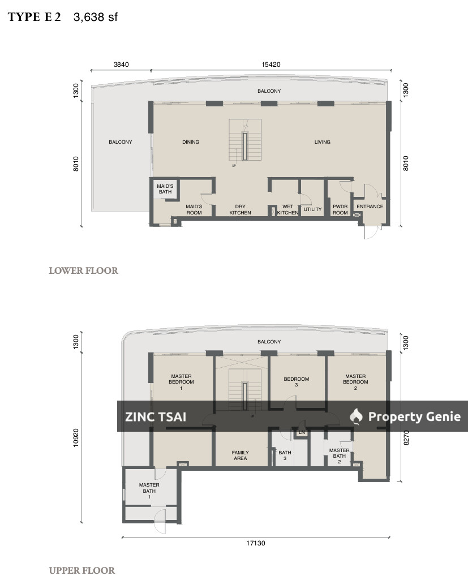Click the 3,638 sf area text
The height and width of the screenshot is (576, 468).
95,17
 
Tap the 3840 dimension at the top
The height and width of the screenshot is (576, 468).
121,65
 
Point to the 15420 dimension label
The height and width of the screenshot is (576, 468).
271,65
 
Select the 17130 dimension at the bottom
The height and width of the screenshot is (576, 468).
256,543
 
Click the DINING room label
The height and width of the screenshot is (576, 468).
191,142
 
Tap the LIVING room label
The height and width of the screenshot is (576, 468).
322,142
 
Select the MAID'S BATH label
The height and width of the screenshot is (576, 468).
165,189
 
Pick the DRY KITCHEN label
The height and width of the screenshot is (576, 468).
240,210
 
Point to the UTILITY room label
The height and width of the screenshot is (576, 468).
312,209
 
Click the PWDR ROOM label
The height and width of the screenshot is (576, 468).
340,210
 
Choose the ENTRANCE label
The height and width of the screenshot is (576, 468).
370,207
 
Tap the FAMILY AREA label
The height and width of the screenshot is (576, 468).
240,455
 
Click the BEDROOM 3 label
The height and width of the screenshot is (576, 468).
296,382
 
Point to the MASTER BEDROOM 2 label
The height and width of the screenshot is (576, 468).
355,379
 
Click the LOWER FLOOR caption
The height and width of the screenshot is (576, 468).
83,270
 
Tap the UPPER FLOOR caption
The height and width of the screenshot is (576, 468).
82,570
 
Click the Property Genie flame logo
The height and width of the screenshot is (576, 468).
356,416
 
